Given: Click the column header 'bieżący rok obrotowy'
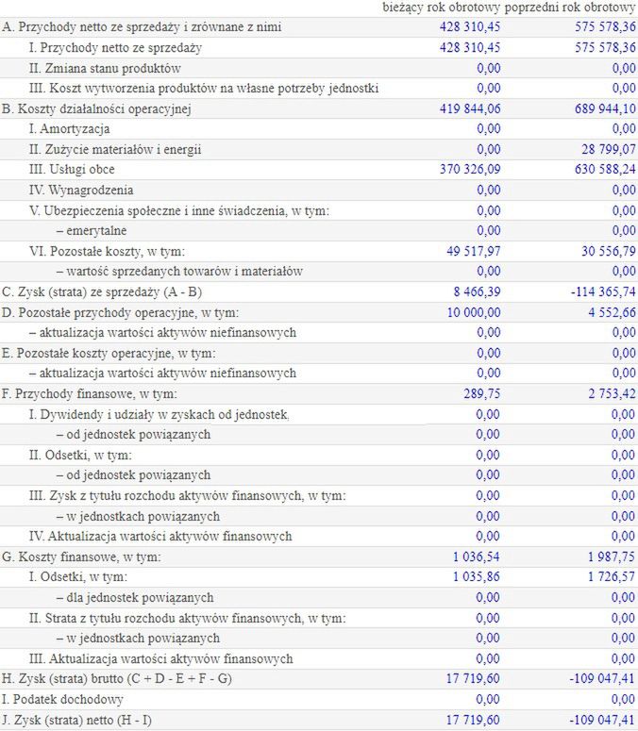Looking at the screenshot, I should pos(442,8).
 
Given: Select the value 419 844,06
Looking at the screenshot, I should pos(470,108).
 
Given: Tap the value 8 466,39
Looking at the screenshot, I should pos(478,292).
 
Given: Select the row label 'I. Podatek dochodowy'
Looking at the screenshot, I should pos(62,700).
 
